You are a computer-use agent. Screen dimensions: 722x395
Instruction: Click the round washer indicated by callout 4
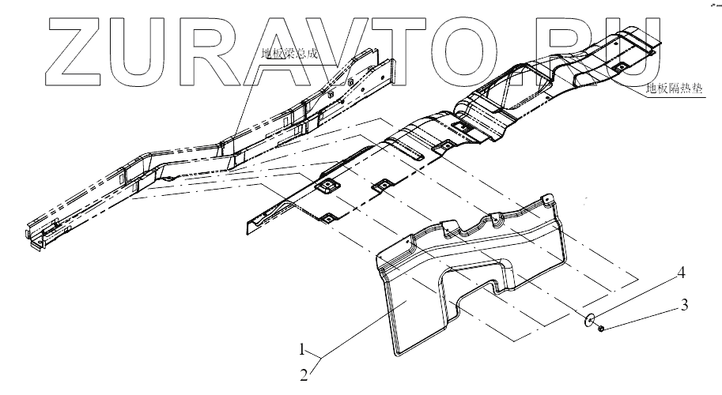click(589, 321)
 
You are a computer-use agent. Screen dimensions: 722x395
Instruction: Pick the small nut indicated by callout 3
click(602, 327)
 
